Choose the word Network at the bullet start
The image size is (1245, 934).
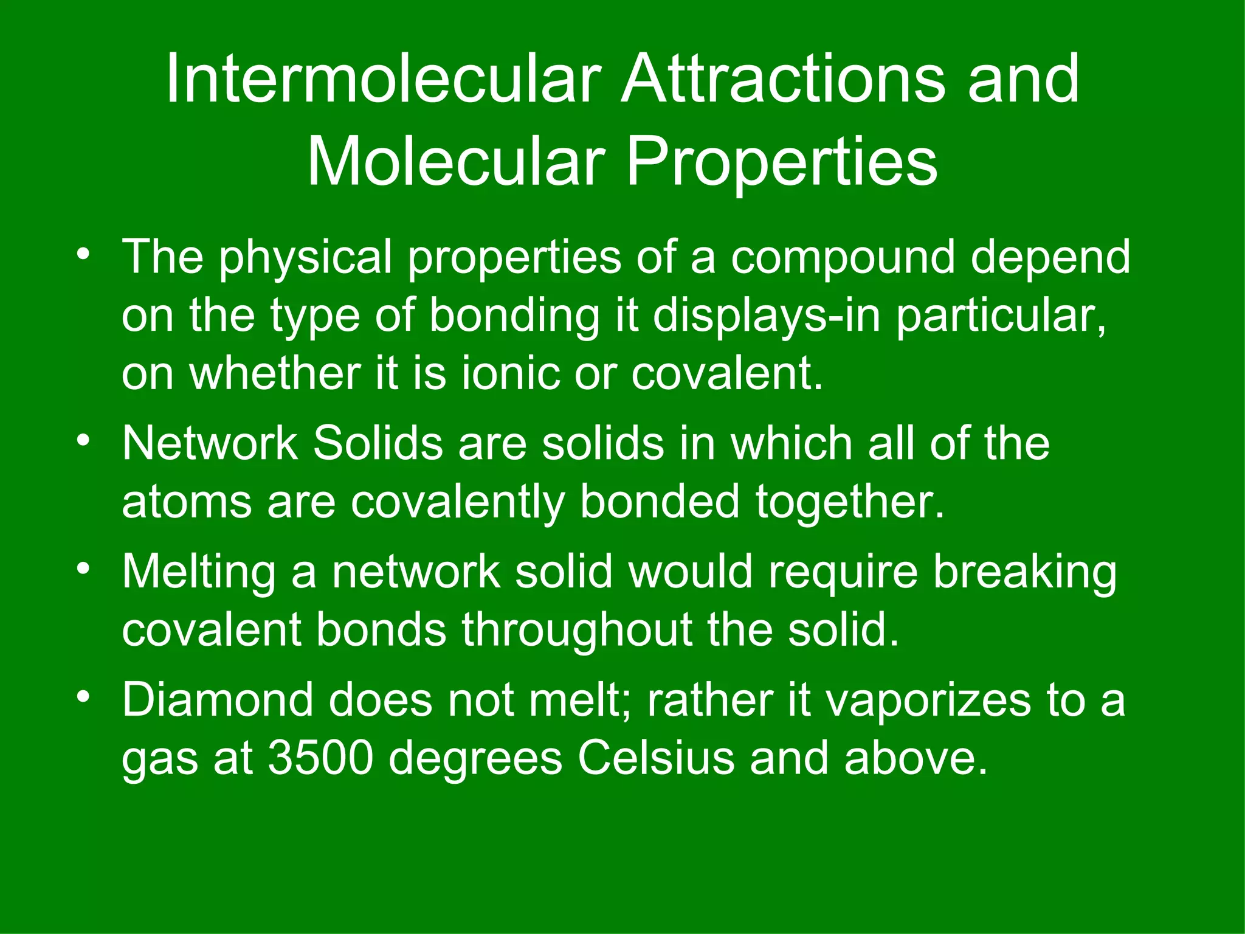click(209, 443)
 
